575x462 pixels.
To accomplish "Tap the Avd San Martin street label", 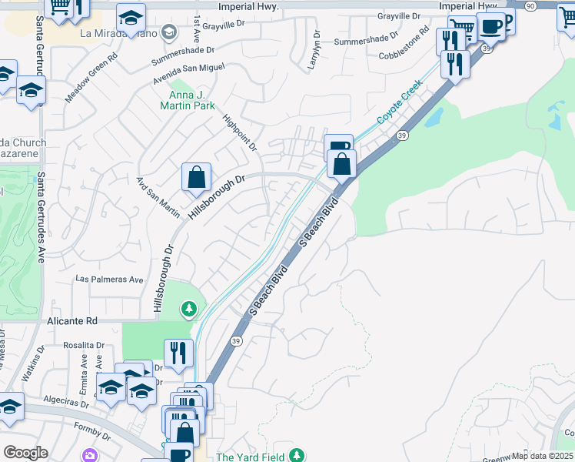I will click(158, 197).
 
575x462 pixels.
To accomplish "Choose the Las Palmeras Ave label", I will click(109, 280).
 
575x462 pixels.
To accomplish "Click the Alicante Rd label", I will click(72, 320).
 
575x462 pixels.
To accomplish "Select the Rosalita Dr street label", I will click(84, 345).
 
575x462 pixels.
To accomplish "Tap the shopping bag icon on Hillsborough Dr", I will click(197, 176).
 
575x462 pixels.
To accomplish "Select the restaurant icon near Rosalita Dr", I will click(178, 353).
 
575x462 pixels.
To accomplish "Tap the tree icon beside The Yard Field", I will click(295, 457).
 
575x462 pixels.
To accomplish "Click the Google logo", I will click(25, 453).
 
